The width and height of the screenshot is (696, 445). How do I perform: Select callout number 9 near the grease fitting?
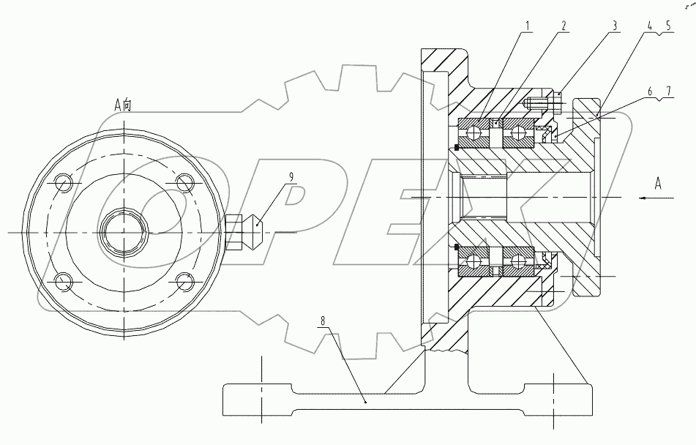291,176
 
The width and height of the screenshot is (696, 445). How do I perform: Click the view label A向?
124,104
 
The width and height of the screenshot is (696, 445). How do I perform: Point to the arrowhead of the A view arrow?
640,198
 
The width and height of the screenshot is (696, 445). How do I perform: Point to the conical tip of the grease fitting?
257,231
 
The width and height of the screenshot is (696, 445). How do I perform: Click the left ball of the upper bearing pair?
477,132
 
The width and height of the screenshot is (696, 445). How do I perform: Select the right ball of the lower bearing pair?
519,261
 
